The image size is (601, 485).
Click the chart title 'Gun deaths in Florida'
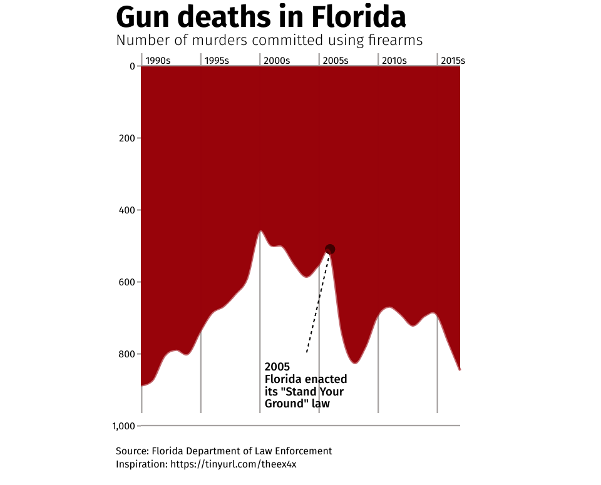click(260, 18)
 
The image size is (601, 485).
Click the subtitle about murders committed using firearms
click(269, 41)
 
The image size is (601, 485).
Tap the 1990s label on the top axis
click(158, 61)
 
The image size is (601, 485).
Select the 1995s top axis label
click(217, 61)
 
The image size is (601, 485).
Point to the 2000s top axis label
click(277, 61)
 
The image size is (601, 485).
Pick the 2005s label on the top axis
click(335, 61)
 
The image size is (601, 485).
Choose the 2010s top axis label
click(394, 61)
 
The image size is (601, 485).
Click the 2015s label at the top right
click(453, 61)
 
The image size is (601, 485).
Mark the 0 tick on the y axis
click(132, 66)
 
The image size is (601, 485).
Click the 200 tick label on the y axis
click(127, 138)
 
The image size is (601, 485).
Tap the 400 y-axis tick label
click(127, 210)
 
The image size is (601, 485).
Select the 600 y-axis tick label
click(127, 282)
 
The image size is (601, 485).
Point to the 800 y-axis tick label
click(127, 354)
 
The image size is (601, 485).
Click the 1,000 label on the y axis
click(124, 426)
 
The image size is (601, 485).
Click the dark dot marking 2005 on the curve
click(330, 250)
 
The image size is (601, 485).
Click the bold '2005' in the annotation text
click(277, 367)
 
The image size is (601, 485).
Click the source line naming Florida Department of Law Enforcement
click(223, 451)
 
